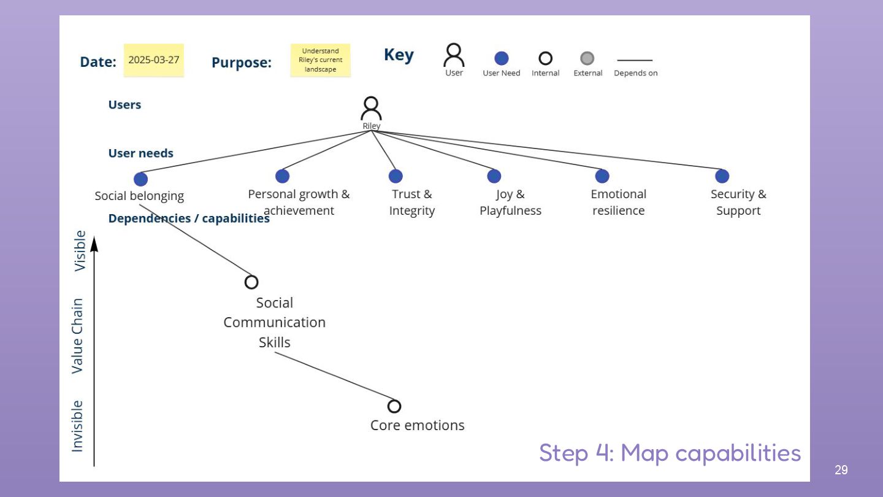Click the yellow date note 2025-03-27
154,60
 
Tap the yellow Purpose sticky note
321,60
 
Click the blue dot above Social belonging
141,179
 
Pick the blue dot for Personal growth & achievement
282,176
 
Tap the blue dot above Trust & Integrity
396,176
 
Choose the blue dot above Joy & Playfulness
494,176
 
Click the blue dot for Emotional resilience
602,176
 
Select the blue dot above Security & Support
722,176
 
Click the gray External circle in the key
587,58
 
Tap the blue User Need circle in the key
502,58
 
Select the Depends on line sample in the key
635,60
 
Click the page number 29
841,470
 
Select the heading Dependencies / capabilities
189,218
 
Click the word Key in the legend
399,55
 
